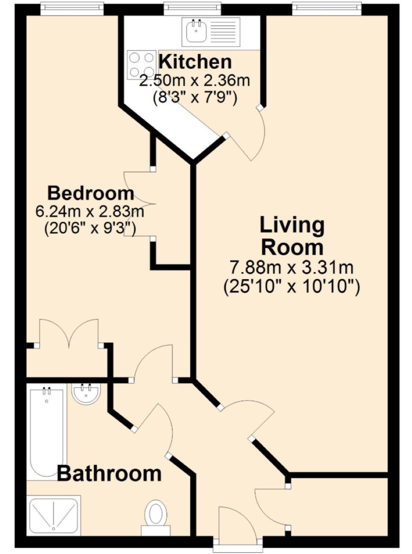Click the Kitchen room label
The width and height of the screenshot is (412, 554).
pos(195,62)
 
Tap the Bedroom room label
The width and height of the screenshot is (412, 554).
pos(91,193)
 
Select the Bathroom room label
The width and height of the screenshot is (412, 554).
pos(109,473)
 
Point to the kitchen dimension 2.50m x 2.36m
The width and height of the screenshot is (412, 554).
pos(195,80)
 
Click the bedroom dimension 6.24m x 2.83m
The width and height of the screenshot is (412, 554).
pos(90,212)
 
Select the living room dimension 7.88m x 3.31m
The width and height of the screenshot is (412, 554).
pos(292,267)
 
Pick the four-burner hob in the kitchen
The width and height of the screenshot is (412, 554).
pos(141,65)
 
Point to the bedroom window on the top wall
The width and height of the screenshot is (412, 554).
pos(72,9)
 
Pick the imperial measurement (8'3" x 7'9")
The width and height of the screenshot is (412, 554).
pos(195,97)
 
